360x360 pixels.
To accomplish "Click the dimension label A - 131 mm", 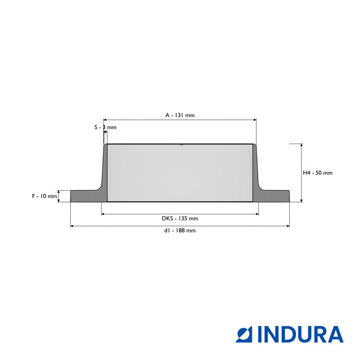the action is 180,115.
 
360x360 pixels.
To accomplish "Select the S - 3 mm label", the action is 105,127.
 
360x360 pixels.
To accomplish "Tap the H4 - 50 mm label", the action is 317,173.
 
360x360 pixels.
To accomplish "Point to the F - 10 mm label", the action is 44,196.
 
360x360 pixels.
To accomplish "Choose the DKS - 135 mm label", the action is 180,218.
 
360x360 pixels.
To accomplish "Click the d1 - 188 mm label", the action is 180,230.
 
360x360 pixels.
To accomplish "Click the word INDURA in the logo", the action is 300,334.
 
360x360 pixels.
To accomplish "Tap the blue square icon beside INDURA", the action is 244,334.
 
